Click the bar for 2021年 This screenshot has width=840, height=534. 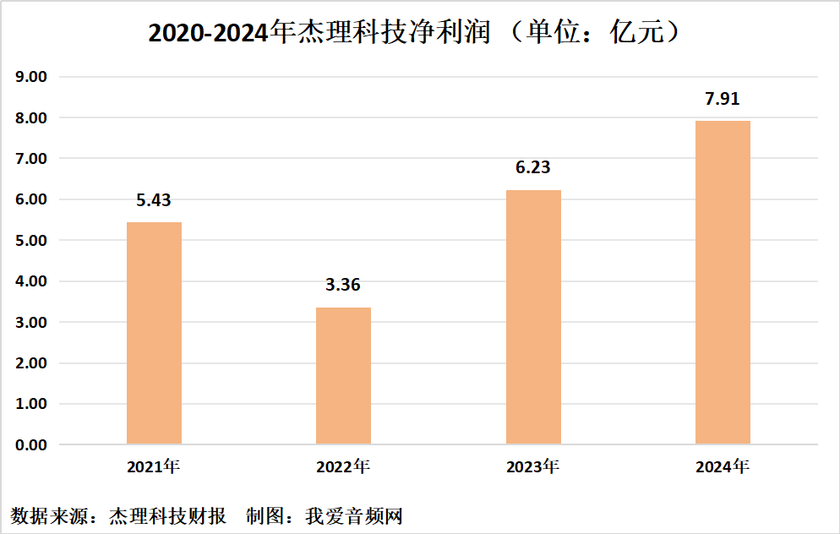(x=154, y=333)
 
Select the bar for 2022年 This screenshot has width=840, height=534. (x=343, y=375)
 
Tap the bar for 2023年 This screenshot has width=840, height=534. (x=533, y=317)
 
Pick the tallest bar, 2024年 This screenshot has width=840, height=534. (x=723, y=282)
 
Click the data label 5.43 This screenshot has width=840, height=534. (x=154, y=200)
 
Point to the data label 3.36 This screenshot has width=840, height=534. (x=343, y=285)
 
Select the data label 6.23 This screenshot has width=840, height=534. (x=533, y=167)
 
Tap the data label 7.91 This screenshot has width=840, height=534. (x=723, y=99)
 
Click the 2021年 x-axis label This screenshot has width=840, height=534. (x=154, y=466)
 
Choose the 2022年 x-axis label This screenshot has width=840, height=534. (x=343, y=466)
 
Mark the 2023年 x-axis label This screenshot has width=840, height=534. (x=533, y=466)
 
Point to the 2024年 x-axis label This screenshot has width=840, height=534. (x=723, y=466)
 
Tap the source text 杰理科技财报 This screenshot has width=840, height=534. (x=168, y=515)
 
